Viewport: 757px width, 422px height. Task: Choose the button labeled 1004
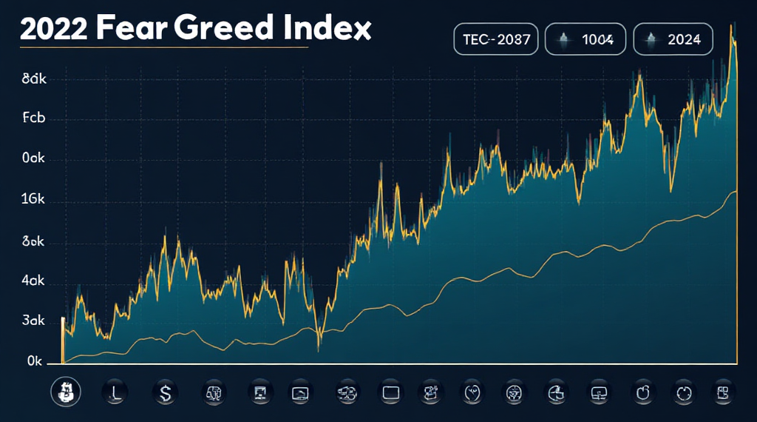pyautogui.click(x=586, y=39)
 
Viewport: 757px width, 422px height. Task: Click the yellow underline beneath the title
pyautogui.click(x=163, y=48)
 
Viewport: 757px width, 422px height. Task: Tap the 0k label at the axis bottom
pyautogui.click(x=35, y=361)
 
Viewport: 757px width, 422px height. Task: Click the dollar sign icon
pyautogui.click(x=165, y=392)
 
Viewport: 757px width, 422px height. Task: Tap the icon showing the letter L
pyautogui.click(x=116, y=392)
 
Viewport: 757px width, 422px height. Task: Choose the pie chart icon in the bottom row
pyautogui.click(x=554, y=392)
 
